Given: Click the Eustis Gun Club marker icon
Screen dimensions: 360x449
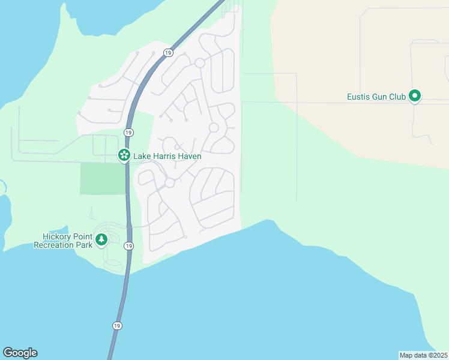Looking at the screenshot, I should click(x=414, y=96).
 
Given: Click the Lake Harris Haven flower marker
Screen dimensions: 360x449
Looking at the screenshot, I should click(x=124, y=156).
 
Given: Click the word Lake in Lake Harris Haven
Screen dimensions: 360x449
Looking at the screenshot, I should click(x=142, y=156).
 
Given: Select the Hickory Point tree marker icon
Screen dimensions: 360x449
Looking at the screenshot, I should click(x=102, y=240).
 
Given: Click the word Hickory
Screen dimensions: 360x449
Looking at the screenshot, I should click(x=57, y=236).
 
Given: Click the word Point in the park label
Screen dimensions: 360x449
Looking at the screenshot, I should click(x=83, y=236).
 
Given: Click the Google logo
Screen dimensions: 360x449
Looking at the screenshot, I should click(x=20, y=353).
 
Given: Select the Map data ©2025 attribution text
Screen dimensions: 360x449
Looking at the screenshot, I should click(x=423, y=355).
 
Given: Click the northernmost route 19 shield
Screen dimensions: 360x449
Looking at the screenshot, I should click(x=167, y=53).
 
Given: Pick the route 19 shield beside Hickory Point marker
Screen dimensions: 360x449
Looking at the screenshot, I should click(x=129, y=246).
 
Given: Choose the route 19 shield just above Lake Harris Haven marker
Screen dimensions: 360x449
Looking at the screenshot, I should click(x=128, y=132).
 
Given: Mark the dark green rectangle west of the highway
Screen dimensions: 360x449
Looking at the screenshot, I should click(x=103, y=178).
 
